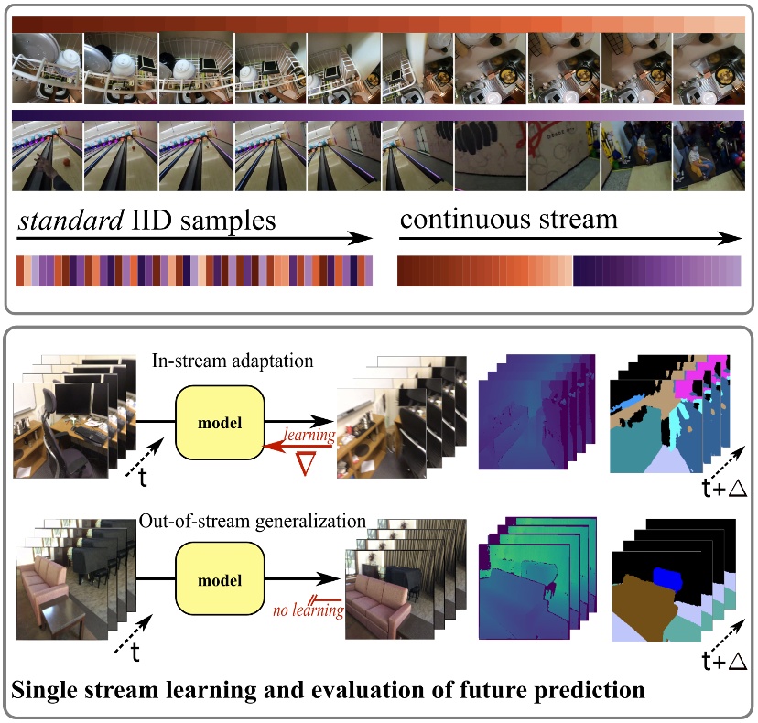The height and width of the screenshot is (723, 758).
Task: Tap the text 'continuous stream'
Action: coord(508,220)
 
